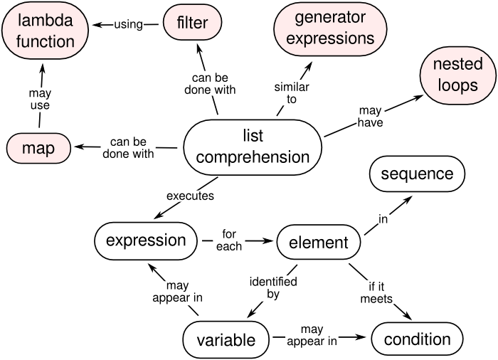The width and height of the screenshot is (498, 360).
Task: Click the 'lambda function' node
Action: click(45, 31)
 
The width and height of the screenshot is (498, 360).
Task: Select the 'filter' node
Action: click(193, 23)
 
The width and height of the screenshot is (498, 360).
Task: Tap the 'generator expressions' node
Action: click(330, 29)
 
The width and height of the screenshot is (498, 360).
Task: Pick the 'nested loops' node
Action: click(457, 75)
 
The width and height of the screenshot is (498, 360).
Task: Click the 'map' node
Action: click(38, 148)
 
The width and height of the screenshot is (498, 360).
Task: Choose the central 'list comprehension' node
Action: click(253, 147)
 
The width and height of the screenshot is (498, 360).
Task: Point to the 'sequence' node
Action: click(417, 174)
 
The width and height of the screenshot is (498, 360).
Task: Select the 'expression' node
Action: click(146, 241)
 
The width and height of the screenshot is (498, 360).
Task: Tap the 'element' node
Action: click(319, 243)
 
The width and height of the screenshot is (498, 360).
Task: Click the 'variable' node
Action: click(226, 340)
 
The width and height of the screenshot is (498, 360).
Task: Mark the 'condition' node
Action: click(417, 339)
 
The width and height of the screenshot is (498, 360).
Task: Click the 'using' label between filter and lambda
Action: click(128, 24)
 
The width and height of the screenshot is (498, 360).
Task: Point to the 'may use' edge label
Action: click(40, 99)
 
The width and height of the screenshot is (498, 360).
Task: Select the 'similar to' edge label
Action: click(292, 92)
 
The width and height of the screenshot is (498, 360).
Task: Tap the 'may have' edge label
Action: click(370, 116)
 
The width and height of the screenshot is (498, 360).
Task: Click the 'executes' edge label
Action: click(190, 196)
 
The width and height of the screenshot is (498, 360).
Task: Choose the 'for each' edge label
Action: click(229, 240)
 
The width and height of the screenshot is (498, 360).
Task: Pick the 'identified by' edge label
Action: click(273, 287)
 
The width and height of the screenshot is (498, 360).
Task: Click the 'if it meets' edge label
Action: click(376, 292)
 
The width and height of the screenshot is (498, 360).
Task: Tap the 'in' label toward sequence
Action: click(383, 219)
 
